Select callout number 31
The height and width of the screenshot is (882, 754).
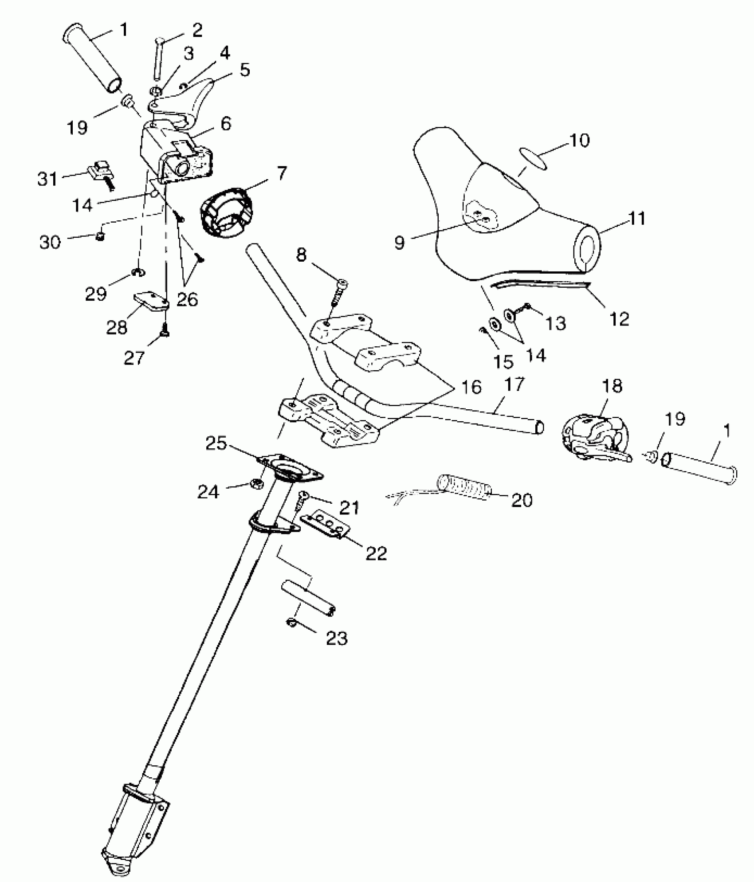coord(47,179)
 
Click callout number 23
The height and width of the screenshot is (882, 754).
coord(337,639)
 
